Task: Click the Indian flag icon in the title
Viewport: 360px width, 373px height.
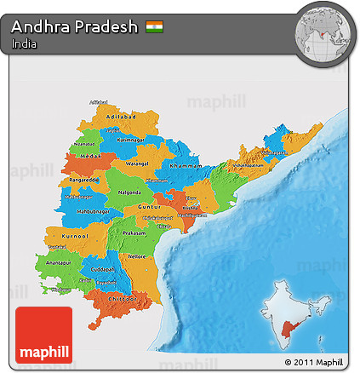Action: (x=154, y=26)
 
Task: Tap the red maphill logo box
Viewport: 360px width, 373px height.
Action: (x=44, y=335)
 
